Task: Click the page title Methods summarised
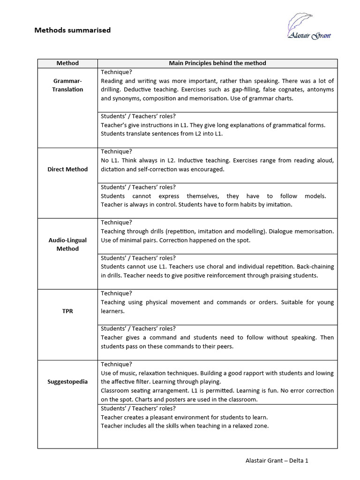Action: click(73, 30)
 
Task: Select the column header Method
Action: click(67, 63)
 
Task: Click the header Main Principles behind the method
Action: click(217, 63)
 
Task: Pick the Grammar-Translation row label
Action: click(67, 85)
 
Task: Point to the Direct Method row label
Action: click(67, 169)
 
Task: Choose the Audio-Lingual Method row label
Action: click(67, 244)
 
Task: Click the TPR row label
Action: click(67, 311)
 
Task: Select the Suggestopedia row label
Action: click(67, 382)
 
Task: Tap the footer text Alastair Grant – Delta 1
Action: click(277, 461)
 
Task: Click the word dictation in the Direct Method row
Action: click(113, 169)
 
